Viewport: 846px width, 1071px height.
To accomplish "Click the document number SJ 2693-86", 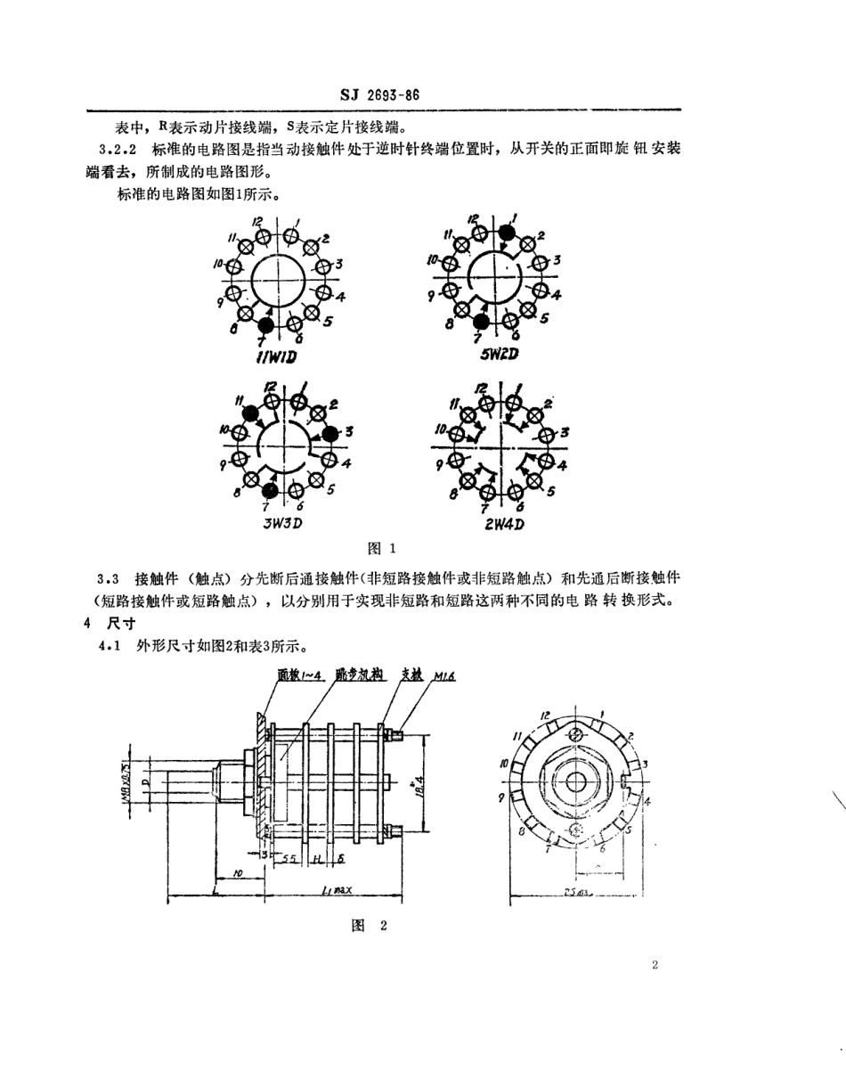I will coord(380,96).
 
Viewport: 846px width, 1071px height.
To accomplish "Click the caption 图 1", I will coord(380,548).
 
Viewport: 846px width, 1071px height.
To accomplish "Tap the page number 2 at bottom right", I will coord(654,965).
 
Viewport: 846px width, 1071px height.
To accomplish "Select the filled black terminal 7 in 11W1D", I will coord(264,326).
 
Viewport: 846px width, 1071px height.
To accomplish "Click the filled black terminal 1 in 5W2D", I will coord(506,233).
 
